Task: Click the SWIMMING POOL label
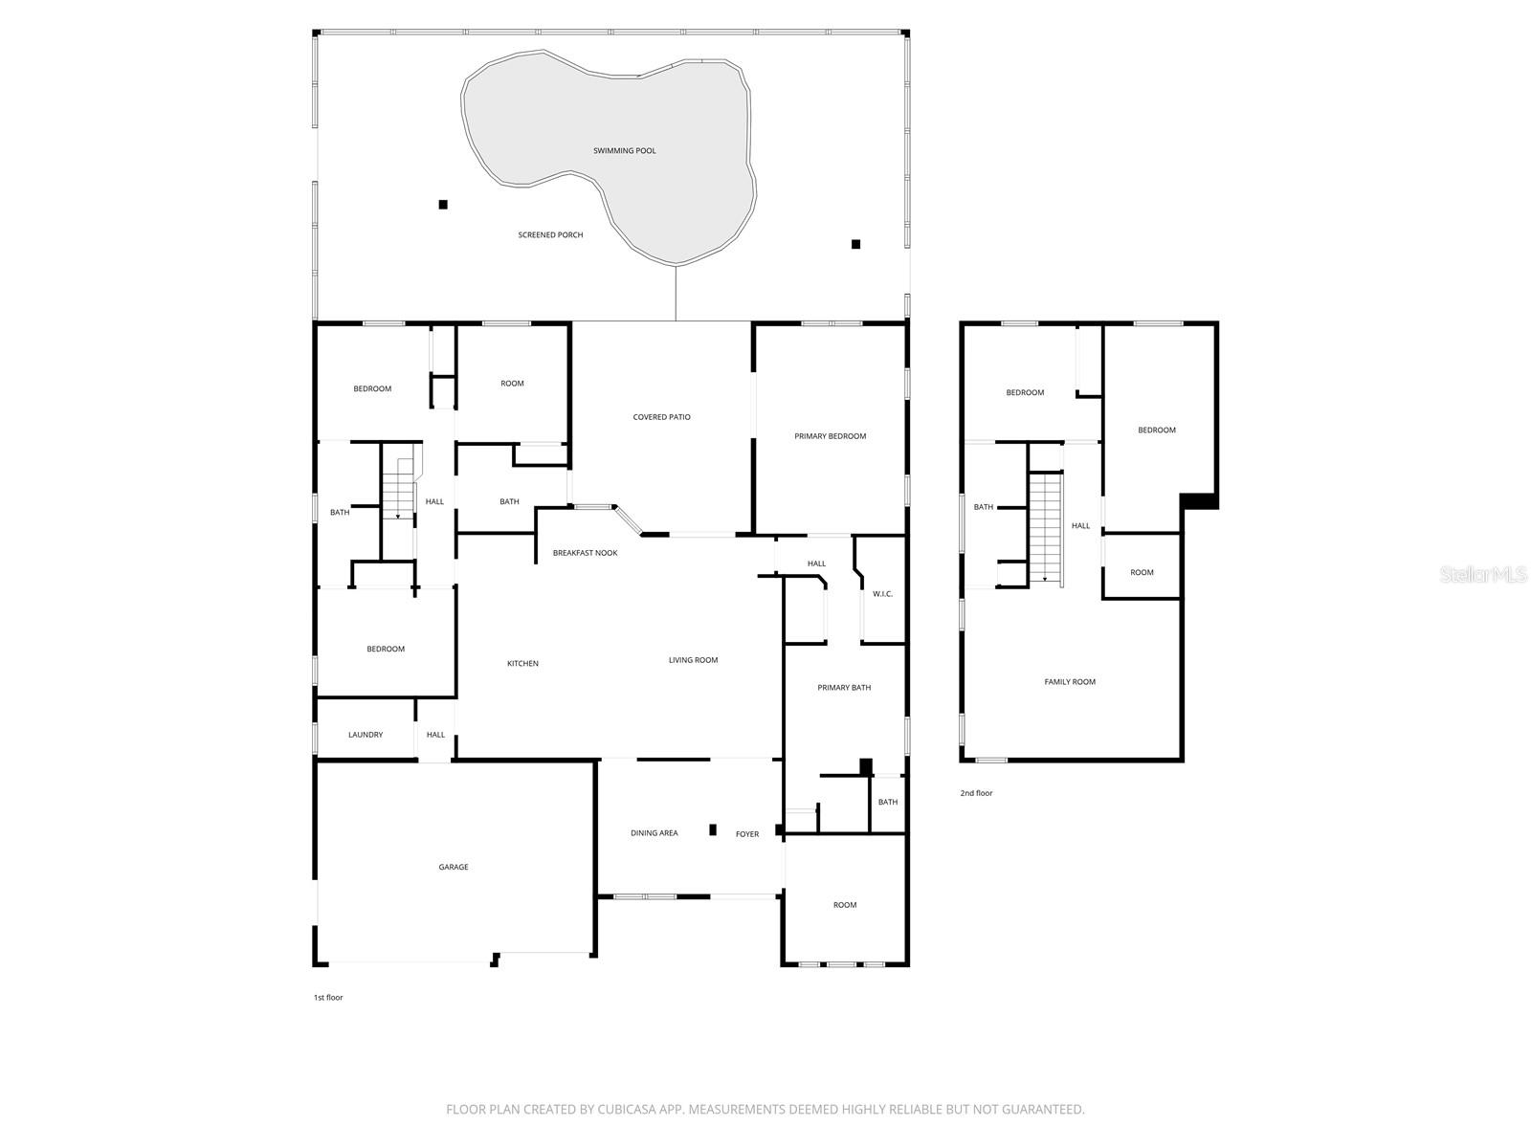[624, 151]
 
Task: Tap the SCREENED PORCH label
[550, 235]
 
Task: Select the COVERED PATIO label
[661, 417]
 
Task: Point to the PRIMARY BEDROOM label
[830, 436]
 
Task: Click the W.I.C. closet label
[882, 594]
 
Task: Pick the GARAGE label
[454, 868]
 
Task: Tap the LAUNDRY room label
[366, 735]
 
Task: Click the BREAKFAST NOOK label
[585, 553]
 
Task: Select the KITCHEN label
[522, 664]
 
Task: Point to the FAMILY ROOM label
[1070, 682]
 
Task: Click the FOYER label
[747, 834]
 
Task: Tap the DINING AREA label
[655, 833]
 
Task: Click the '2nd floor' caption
[976, 793]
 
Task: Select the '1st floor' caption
[328, 998]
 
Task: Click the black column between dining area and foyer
[713, 829]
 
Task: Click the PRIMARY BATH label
[844, 688]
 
